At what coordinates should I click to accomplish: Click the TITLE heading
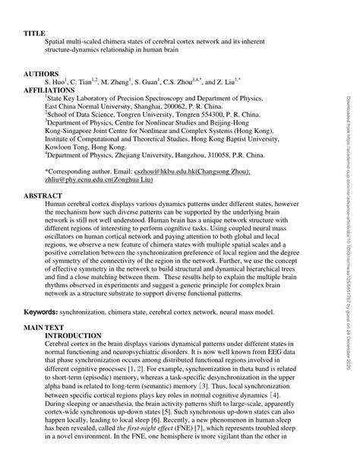pos(36,34)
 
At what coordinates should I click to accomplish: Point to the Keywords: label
pos(43,332)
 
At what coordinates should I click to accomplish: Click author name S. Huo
pos(55,81)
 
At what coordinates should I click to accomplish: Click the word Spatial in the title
pos(58,43)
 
